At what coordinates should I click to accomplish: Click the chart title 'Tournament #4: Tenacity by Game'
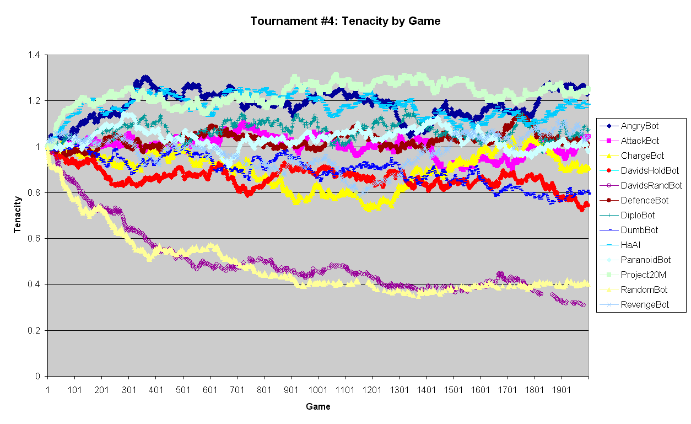point(345,22)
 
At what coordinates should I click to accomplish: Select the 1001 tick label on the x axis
point(318,390)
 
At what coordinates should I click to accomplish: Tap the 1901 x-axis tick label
point(562,390)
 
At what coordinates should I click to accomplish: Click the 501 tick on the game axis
point(183,390)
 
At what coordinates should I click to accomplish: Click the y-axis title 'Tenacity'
point(18,216)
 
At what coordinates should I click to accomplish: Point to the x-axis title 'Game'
point(318,407)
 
